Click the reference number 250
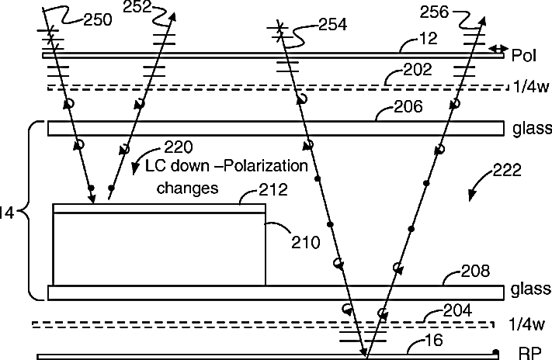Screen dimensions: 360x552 (x=97, y=20)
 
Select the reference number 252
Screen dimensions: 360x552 (x=139, y=9)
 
